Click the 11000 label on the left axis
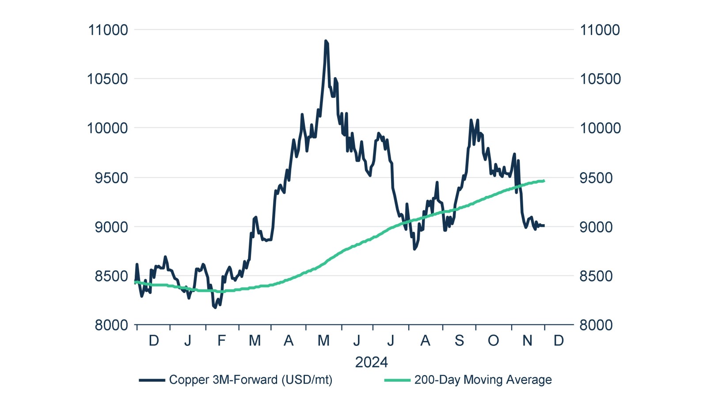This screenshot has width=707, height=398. pos(108,30)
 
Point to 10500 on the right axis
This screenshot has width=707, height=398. pos(600,79)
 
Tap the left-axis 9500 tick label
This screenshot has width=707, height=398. pos(111,178)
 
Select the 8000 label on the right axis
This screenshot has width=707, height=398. pos(596,325)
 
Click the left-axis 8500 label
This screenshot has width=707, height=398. pos(111,276)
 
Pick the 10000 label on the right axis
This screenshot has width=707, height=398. pos(600,128)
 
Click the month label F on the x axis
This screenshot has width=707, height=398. pos(221,341)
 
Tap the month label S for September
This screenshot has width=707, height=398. pos(459,341)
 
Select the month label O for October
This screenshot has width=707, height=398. pos(493,341)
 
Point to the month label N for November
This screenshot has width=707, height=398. pos(527,341)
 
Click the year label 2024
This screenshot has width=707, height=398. pos(371,362)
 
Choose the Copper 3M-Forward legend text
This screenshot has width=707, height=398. pos(251,380)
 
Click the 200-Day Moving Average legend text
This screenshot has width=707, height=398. pos(483,380)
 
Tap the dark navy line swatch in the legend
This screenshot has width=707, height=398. pos(152,380)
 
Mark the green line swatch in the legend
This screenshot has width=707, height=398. pos(397,380)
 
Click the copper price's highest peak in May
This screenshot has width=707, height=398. pos(326,41)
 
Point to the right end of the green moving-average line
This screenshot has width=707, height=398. pos(544,181)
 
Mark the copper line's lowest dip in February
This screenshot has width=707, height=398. pos(215,307)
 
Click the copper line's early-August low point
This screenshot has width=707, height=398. pos(414,249)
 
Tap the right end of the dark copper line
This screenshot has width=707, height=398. pos(544,225)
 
